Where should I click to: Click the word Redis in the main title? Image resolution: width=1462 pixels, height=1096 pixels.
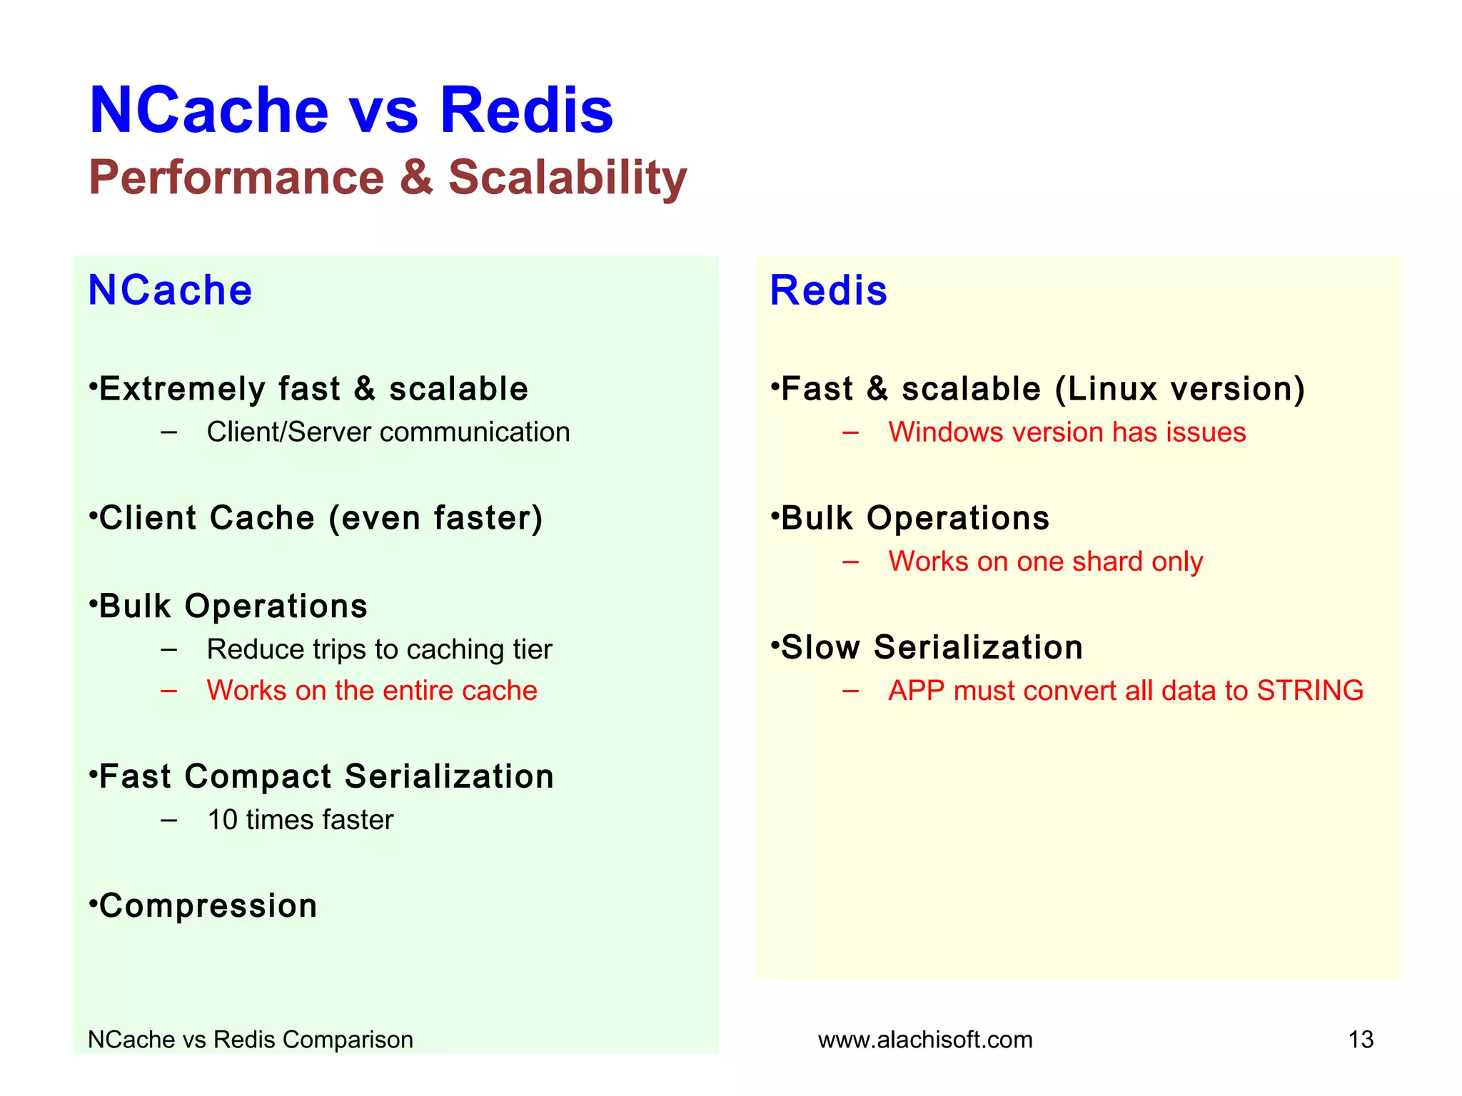pos(526,111)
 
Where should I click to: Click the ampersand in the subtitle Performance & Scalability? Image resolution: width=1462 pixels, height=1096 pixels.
pos(416,177)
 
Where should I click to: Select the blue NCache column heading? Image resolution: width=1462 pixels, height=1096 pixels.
pos(170,290)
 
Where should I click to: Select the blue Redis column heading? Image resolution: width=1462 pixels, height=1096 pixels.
pos(828,290)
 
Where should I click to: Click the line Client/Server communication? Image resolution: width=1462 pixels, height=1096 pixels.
pos(388,432)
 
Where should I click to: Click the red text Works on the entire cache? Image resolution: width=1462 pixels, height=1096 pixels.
pos(371,691)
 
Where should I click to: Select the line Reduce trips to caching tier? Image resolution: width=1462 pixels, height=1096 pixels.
pos(379,649)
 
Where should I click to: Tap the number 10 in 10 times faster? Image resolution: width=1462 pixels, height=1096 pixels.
pos(222,820)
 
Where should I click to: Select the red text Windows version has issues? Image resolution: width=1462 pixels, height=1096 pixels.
pos(1067,432)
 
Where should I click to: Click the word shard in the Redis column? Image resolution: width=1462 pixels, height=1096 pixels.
pos(1106,562)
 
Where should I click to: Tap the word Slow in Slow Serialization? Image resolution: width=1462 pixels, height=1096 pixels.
pos(820,648)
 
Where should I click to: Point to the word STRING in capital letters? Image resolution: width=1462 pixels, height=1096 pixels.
pos(1309,691)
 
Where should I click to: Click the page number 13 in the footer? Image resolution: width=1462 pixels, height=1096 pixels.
pos(1361,1040)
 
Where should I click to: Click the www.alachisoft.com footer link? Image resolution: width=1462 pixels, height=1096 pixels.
pos(925,1040)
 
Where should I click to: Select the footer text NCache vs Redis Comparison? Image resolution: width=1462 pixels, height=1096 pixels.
pos(250,1040)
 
